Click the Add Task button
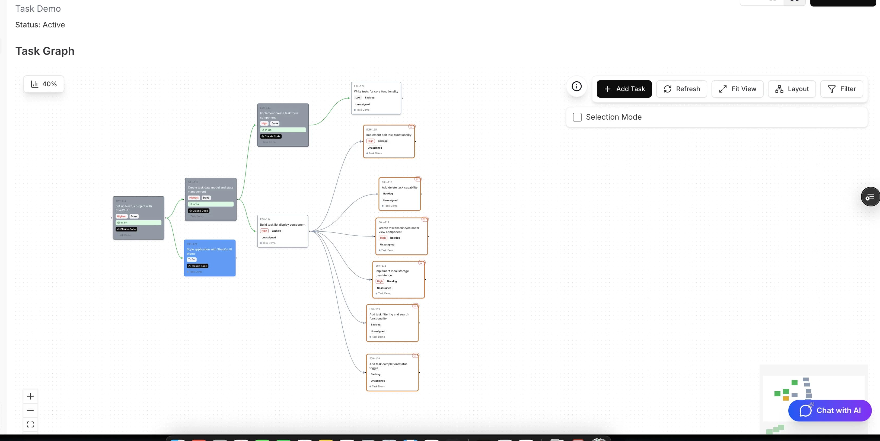tap(624, 89)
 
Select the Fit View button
tap(738, 89)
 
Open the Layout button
tap(792, 89)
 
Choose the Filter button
tap(842, 89)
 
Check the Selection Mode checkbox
tap(577, 117)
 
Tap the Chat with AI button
tap(830, 410)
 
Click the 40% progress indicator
tap(44, 84)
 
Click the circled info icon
tap(577, 87)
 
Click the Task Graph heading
tap(45, 51)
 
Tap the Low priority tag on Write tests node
tap(358, 98)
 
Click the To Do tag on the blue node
tap(192, 260)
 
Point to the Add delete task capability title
tap(399, 187)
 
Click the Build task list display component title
tap(282, 225)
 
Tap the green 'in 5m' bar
tap(283, 130)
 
